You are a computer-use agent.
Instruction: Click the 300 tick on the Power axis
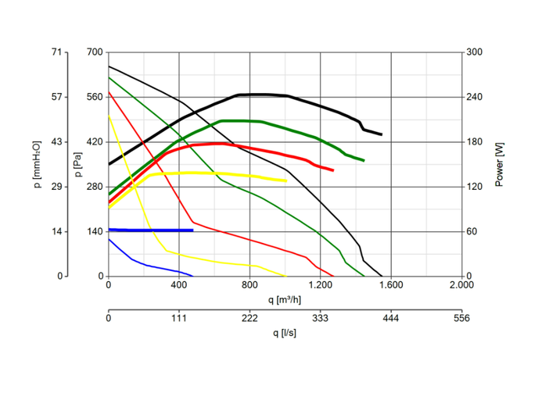pyautogui.click(x=475, y=52)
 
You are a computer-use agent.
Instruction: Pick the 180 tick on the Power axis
pyautogui.click(x=475, y=142)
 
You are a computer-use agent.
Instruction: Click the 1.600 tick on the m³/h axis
pyautogui.click(x=391, y=286)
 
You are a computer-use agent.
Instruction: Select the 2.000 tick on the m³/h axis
pyautogui.click(x=461, y=286)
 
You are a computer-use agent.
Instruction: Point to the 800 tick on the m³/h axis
pyautogui.click(x=250, y=286)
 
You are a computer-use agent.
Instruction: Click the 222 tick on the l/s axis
pyautogui.click(x=250, y=319)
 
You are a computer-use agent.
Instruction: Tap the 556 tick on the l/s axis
pyautogui.click(x=461, y=319)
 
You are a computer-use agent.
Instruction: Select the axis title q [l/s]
pyautogui.click(x=285, y=332)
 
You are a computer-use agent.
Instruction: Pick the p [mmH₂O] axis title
pyautogui.click(x=37, y=164)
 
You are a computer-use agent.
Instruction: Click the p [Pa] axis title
pyautogui.click(x=77, y=164)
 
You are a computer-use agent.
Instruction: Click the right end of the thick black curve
pyautogui.click(x=381, y=134)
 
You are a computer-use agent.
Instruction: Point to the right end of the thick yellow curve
pyautogui.click(x=286, y=180)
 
